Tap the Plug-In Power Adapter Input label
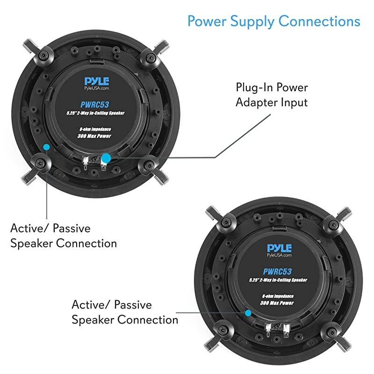272,95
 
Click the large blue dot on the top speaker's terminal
106,158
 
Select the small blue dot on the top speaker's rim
46,147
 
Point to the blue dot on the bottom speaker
248,313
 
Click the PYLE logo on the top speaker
97,81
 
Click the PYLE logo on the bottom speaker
279,248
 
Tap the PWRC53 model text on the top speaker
94,104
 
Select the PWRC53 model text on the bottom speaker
277,272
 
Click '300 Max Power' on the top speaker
94,136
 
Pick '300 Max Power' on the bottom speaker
277,303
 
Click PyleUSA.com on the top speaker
97,88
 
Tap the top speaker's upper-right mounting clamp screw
150,58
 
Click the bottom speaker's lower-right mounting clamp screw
331,331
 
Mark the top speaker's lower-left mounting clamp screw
40,164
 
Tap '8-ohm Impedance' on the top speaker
95,129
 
